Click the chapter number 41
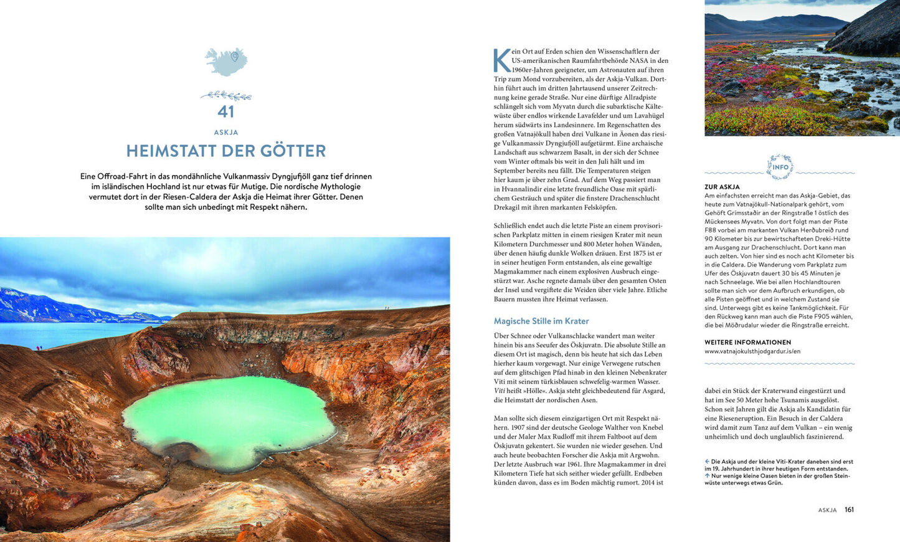point(225,112)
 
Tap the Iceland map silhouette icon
point(225,62)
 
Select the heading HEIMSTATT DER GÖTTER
point(225,151)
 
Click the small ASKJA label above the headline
point(225,132)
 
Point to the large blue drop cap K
point(501,60)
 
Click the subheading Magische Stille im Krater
point(541,321)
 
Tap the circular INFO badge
point(780,167)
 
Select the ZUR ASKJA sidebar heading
point(722,186)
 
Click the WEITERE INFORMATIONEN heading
point(747,342)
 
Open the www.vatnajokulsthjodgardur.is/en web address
point(752,351)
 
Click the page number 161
point(849,510)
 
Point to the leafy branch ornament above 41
point(225,96)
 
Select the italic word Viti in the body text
point(500,391)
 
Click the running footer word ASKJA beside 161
point(827,510)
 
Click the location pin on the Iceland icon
point(235,57)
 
